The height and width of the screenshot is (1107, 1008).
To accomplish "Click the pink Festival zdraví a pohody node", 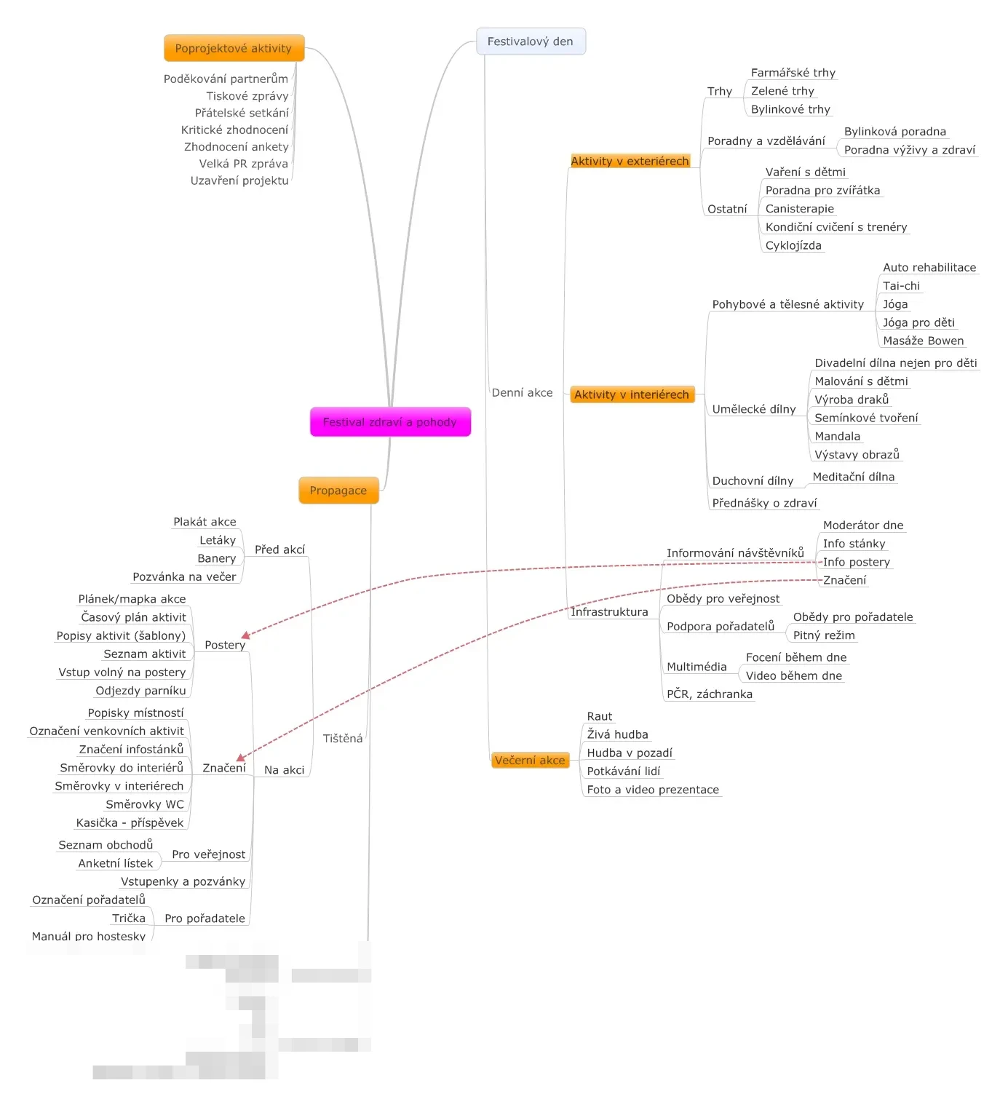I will (390, 422).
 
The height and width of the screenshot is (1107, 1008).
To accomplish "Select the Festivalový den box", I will (531, 41).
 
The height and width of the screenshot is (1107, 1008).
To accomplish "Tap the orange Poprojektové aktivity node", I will (234, 48).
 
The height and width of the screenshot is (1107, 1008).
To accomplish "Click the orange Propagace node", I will (338, 491).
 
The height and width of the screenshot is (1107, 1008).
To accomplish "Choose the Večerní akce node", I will (530, 761).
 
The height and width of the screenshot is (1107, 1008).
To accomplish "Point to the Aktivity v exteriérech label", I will (630, 161).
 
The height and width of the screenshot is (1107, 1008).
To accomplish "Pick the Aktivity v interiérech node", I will (632, 394).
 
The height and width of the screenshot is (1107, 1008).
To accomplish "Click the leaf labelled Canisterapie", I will (800, 209).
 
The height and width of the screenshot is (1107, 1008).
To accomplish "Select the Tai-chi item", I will (901, 286).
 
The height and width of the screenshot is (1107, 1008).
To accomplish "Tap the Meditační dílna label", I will (854, 477).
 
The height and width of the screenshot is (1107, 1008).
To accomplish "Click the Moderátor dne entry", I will (863, 525).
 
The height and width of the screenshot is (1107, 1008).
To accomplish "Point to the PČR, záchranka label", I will (710, 694).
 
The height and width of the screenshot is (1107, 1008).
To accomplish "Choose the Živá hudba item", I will (618, 735).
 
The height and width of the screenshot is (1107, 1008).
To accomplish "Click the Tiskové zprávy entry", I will (247, 96).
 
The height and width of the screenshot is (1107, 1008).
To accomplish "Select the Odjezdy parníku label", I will (141, 691).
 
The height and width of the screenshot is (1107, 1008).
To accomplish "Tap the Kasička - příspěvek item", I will (130, 823).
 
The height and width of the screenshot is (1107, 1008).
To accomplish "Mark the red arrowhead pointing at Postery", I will (245, 635).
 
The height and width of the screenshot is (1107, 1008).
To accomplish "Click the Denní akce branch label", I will (523, 393).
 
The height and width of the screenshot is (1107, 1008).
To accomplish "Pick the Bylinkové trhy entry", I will (790, 110).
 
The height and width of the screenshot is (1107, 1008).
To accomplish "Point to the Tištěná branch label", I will (343, 739).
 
